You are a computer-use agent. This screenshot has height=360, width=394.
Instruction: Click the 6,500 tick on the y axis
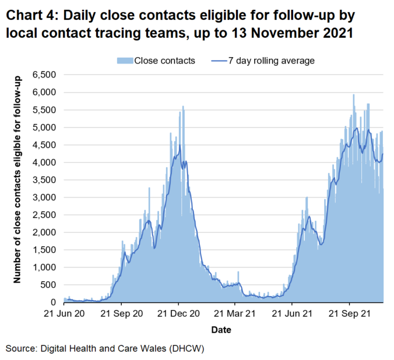tap(44, 75)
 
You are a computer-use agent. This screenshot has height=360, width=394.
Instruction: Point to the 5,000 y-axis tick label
tap(44, 127)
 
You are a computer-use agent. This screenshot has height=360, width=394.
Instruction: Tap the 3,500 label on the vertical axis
tap(44, 180)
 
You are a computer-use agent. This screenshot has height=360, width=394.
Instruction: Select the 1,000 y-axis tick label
tap(44, 267)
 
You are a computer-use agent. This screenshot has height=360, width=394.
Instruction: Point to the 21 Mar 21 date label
tap(235, 313)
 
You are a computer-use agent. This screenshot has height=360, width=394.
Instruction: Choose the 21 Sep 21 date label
tap(349, 313)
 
